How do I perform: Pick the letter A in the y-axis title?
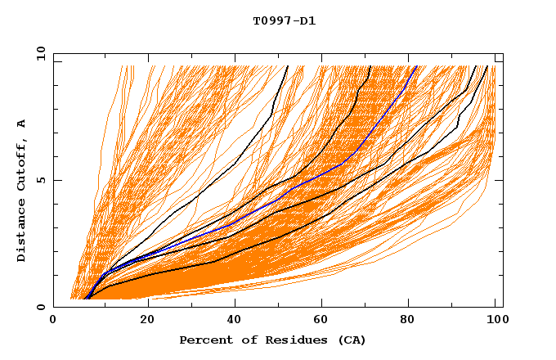click(22, 123)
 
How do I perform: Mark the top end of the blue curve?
click(416, 66)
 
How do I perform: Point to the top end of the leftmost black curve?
click(288, 66)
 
